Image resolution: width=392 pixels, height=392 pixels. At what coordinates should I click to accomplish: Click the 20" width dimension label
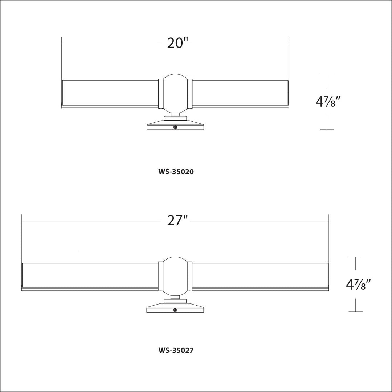[x=177, y=43]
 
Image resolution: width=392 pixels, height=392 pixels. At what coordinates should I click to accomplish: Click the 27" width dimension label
[x=177, y=221]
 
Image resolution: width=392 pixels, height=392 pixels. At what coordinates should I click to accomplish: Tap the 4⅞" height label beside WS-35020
[x=328, y=102]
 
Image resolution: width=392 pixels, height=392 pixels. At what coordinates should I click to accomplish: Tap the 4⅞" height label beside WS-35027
[x=358, y=284]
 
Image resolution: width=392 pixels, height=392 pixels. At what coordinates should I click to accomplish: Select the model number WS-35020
[x=176, y=172]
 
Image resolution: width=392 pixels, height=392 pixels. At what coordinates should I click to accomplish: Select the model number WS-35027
[x=176, y=350]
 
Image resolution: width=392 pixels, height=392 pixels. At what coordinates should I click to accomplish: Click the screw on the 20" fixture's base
[x=176, y=127]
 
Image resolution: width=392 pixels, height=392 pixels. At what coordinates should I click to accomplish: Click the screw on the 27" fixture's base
[x=176, y=310]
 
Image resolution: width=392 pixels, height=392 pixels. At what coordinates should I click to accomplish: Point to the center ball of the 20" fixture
[x=176, y=94]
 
